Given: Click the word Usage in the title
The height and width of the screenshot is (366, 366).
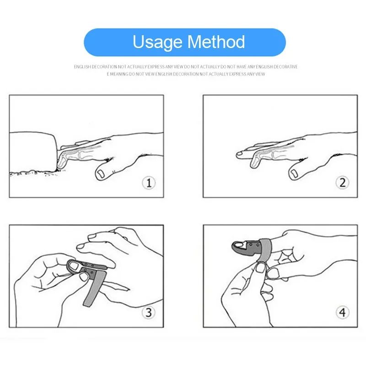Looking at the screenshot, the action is (x=157, y=42).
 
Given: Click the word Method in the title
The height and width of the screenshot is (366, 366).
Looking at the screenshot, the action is (x=216, y=42).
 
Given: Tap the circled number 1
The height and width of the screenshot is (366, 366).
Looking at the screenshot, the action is (x=149, y=183).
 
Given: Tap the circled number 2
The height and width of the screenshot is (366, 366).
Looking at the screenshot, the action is (x=342, y=183).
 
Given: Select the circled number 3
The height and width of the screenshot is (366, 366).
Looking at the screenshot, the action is (x=149, y=312).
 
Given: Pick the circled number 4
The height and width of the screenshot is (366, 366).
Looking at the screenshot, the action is (x=342, y=312).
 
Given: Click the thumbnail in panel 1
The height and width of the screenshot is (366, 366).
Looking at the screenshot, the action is (x=101, y=174).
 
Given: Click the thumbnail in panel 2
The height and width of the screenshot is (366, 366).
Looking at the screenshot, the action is (x=294, y=173).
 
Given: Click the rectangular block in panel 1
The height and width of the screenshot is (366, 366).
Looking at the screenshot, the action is (x=33, y=152).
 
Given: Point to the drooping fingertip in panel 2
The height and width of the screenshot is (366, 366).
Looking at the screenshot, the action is (x=253, y=162).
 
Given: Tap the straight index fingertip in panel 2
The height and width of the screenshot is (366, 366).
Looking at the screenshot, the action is (x=239, y=154).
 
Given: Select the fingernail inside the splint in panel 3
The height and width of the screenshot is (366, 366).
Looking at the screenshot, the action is (x=74, y=266).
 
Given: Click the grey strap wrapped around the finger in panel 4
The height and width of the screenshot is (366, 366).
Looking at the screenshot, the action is (x=264, y=250).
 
